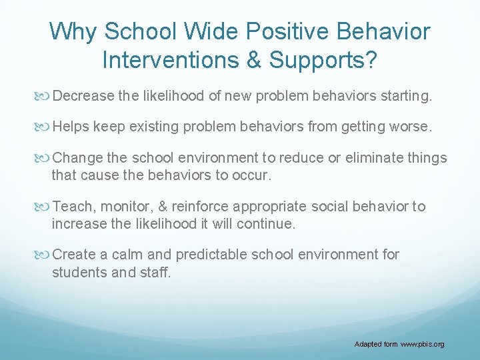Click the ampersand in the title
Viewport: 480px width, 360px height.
254,60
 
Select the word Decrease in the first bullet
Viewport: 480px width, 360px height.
83,97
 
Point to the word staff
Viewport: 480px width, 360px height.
155,272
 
